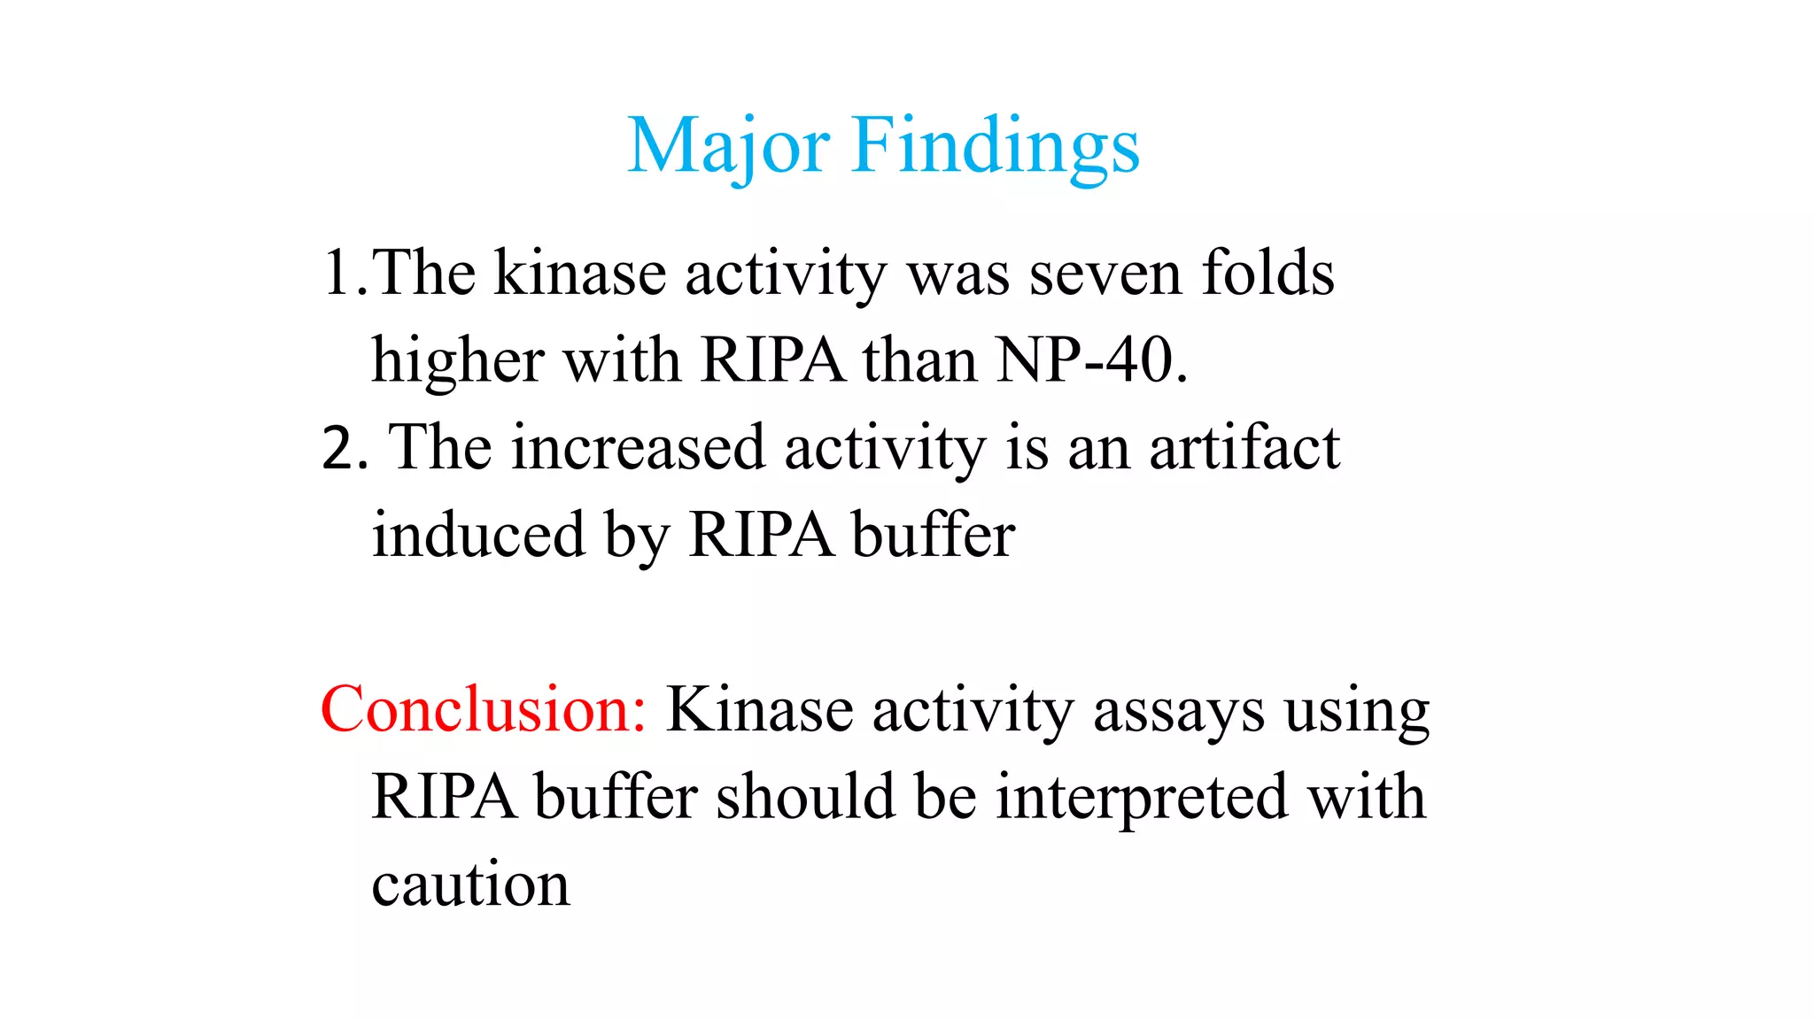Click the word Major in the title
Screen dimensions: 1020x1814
[728, 146]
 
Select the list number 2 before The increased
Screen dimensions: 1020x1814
[339, 448]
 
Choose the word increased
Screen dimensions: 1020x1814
[638, 448]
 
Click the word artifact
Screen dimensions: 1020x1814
[1244, 448]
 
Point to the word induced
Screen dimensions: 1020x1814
[478, 535]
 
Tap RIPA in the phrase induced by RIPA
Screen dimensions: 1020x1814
[761, 535]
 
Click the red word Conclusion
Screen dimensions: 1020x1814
[484, 710]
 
